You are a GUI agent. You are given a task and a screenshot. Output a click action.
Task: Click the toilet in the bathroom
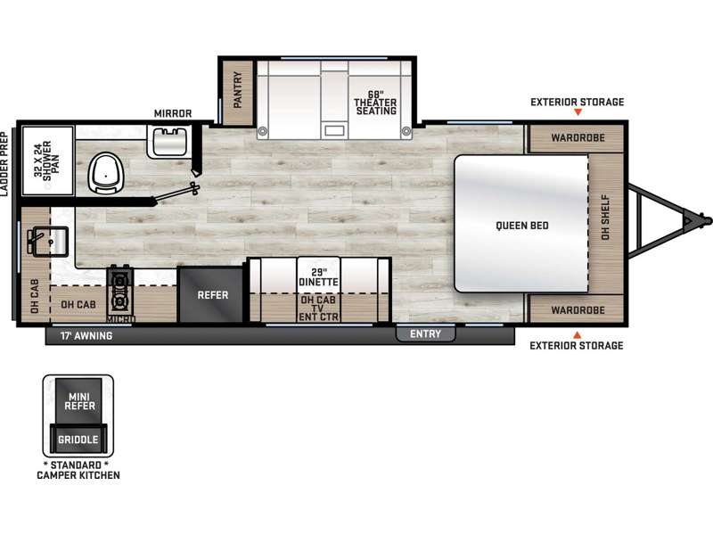pyautogui.click(x=105, y=173)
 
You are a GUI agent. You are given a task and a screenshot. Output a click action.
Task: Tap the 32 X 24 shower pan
pyautogui.click(x=47, y=160)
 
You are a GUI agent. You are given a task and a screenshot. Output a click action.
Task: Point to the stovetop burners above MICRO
pyautogui.click(x=120, y=290)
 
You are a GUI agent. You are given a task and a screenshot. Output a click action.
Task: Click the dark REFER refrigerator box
pyautogui.click(x=211, y=295)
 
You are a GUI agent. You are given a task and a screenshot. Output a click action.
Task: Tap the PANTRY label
pyautogui.click(x=237, y=90)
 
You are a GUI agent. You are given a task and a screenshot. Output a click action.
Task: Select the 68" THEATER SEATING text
pyautogui.click(x=375, y=103)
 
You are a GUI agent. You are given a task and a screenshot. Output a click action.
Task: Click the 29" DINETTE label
pyautogui.click(x=318, y=277)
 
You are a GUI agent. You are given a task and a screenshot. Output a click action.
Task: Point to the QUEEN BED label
pyautogui.click(x=522, y=226)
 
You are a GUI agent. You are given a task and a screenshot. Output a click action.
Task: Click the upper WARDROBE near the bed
pyautogui.click(x=578, y=137)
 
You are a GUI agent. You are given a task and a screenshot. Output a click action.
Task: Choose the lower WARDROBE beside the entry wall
pyautogui.click(x=578, y=310)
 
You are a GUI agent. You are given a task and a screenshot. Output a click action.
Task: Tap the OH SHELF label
pyautogui.click(x=605, y=218)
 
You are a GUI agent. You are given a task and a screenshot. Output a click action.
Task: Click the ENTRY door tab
pyautogui.click(x=425, y=333)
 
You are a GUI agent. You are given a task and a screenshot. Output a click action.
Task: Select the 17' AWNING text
pyautogui.click(x=86, y=336)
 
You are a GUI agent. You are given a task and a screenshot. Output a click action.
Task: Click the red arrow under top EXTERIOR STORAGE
pyautogui.click(x=578, y=112)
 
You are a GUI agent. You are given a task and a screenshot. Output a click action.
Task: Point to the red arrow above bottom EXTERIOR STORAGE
pyautogui.click(x=577, y=335)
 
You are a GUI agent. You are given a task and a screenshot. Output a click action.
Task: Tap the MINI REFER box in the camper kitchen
pyautogui.click(x=79, y=400)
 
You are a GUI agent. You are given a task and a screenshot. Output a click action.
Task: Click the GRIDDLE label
pyautogui.click(x=78, y=440)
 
